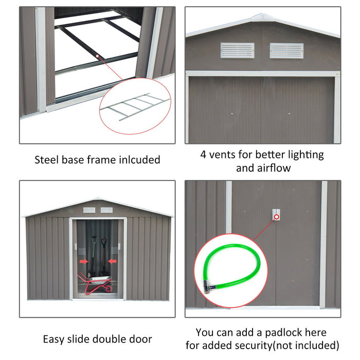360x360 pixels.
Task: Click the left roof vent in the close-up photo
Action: [237, 50]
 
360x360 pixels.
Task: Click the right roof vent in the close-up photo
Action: [286, 50]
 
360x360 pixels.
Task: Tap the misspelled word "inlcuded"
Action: [138, 160]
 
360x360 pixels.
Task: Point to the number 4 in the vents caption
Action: [203, 154]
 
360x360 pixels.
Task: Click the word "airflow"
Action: [271, 168]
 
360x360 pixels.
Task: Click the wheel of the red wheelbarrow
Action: [107, 289]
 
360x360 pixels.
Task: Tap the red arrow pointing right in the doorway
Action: [84, 261]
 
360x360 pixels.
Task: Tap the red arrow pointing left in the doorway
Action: [113, 261]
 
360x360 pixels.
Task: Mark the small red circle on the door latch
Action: [277, 217]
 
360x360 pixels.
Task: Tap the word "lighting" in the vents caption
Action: [304, 154]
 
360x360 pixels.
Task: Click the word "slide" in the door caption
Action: [85, 339]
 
